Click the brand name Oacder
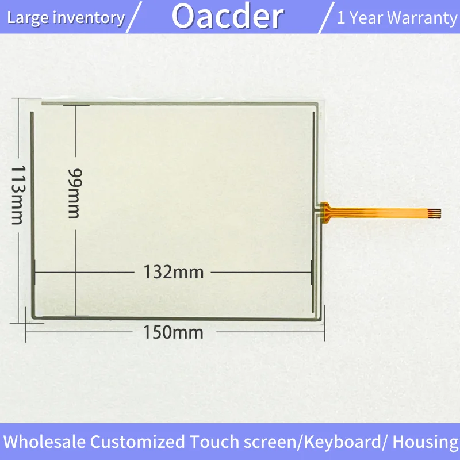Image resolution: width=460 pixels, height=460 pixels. [x=228, y=17]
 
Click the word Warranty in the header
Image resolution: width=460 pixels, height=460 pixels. [x=422, y=18]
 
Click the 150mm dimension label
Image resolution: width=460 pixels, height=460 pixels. [x=173, y=332]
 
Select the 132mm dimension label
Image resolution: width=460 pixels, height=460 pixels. [x=174, y=272]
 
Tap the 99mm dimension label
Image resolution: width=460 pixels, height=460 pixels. [x=74, y=193]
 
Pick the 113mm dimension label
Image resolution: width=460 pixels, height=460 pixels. [x=18, y=195]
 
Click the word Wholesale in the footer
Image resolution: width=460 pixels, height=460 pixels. [x=45, y=442]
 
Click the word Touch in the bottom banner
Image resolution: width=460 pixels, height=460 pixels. [x=214, y=442]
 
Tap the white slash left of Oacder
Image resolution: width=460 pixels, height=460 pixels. [x=134, y=17]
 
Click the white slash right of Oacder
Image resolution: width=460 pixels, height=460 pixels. [x=326, y=18]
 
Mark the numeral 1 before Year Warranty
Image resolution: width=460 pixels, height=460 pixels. [x=341, y=18]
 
